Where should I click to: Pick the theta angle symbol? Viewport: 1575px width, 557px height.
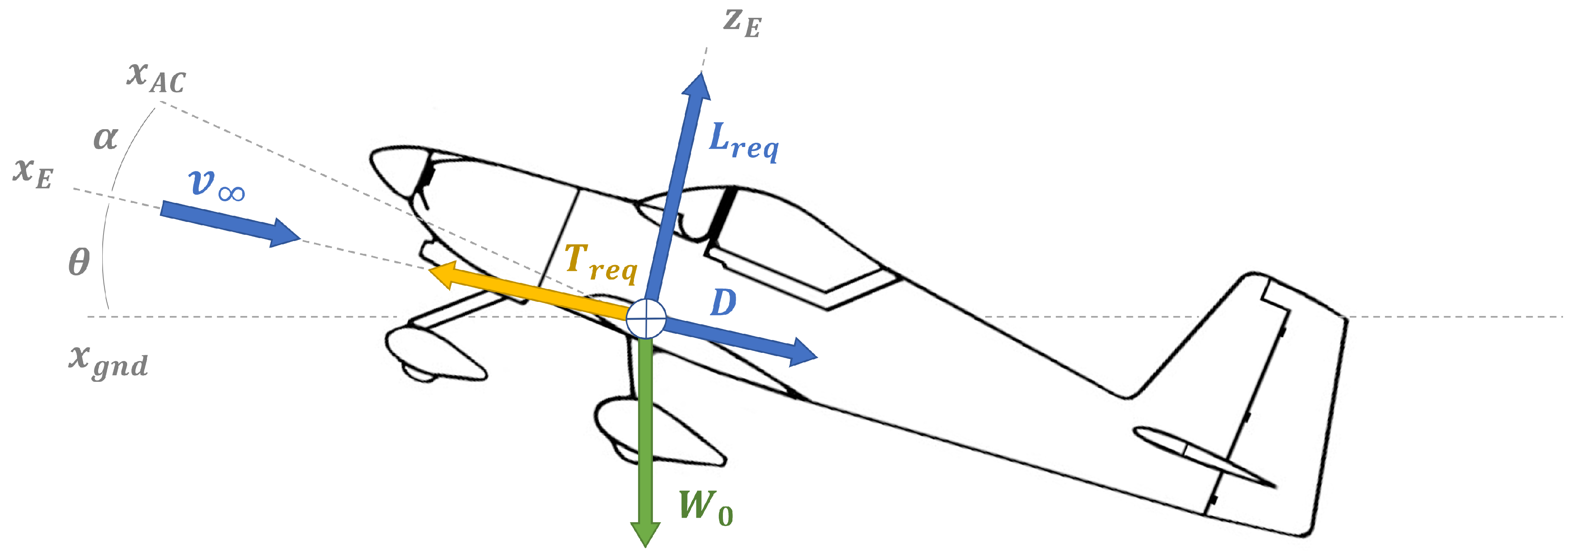point(79,262)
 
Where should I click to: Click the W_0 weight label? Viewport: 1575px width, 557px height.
point(706,507)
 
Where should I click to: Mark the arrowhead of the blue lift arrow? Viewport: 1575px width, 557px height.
point(699,80)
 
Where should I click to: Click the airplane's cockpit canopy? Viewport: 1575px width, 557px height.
point(795,239)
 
